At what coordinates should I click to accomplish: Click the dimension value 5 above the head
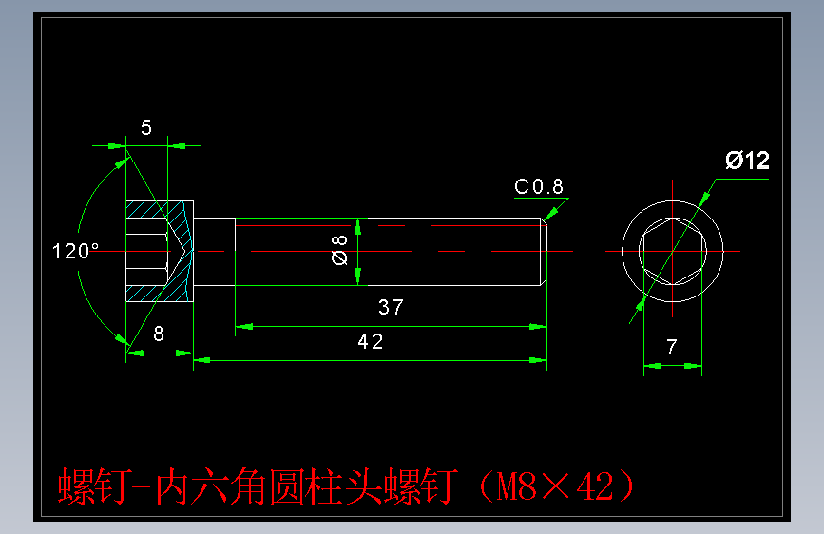pos(145,128)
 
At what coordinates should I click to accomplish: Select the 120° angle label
pos(76,252)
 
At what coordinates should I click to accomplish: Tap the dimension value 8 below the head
pos(158,334)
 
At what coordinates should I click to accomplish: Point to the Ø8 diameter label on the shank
pos(339,251)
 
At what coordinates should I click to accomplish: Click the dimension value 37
pos(391,307)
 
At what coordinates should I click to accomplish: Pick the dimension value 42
pos(371,342)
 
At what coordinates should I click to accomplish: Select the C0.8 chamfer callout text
pos(539,186)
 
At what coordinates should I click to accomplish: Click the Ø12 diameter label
pos(747,161)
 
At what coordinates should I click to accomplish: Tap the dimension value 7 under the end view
pos(672,348)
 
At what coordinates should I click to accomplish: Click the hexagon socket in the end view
pos(672,251)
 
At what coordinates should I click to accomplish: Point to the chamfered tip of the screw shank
pos(545,251)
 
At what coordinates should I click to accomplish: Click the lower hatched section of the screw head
pos(147,291)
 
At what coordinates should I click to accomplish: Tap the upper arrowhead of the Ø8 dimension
pos(357,226)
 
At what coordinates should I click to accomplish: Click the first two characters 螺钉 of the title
pos(91,487)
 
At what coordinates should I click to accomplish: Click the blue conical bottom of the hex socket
pos(181,251)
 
